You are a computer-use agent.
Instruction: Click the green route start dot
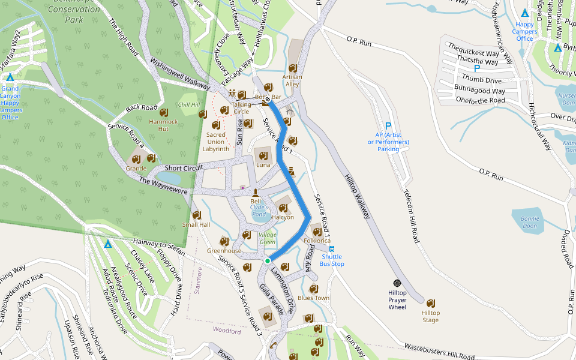[268, 260]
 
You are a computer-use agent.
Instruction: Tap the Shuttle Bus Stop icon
[332, 248]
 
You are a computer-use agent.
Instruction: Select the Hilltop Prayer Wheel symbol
[397, 283]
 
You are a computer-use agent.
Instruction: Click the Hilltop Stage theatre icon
[430, 301]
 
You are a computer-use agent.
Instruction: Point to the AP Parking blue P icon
[388, 126]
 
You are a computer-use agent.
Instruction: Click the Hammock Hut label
[163, 125]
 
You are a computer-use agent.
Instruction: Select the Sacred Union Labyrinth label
[216, 142]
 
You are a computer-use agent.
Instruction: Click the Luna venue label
[263, 164]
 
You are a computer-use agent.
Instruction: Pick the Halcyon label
[283, 217]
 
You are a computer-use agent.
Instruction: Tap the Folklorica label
[317, 241]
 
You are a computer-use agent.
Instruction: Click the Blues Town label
[314, 298]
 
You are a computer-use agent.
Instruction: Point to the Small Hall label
[196, 224]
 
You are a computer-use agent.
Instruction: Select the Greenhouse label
[224, 251]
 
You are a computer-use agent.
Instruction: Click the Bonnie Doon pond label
[530, 222]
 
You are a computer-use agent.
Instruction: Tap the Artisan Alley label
[293, 80]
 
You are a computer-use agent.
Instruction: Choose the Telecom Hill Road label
[410, 217]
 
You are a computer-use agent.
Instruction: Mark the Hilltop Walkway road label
[358, 196]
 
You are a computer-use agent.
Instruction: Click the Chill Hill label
[188, 104]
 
